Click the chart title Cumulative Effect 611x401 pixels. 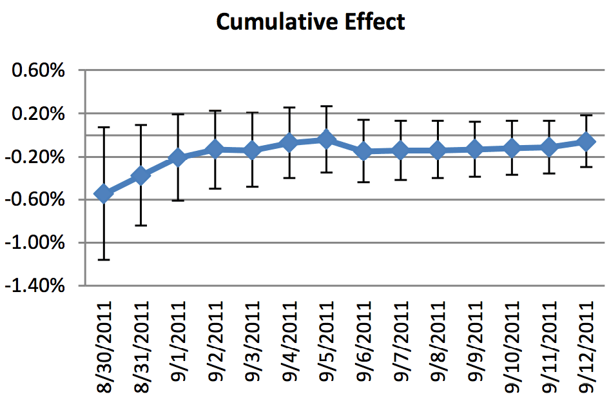pyautogui.click(x=310, y=21)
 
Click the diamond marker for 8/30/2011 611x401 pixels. pyautogui.click(x=103, y=193)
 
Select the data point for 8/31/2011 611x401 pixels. pyautogui.click(x=141, y=175)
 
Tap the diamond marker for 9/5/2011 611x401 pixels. pyautogui.click(x=326, y=139)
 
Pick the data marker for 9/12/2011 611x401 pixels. pyautogui.click(x=586, y=141)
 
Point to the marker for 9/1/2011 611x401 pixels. pyautogui.click(x=178, y=157)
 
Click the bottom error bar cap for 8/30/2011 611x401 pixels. pyautogui.click(x=103, y=260)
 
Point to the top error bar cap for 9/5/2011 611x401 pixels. pyautogui.click(x=326, y=106)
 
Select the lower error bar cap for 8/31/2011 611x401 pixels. pyautogui.click(x=141, y=226)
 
